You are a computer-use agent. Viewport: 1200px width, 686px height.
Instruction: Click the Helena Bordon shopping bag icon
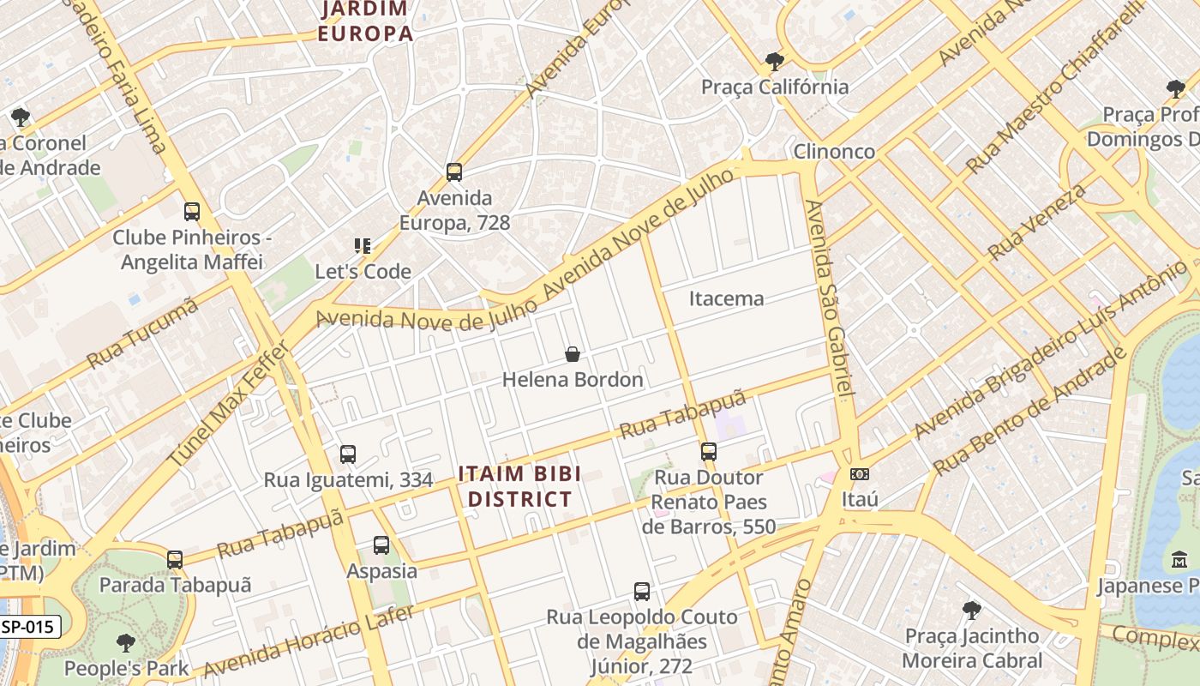tap(573, 354)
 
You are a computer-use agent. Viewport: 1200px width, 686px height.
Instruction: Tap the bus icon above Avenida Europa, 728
tap(454, 172)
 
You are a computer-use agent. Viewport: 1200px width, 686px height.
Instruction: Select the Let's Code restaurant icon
tap(363, 246)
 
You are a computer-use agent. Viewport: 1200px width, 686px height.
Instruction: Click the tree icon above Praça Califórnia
tap(775, 61)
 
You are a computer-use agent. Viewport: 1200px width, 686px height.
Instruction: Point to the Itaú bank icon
tap(859, 474)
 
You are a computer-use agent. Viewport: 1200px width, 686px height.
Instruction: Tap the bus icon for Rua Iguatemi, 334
tap(348, 454)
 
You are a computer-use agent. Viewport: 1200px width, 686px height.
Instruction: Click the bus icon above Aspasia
tap(381, 545)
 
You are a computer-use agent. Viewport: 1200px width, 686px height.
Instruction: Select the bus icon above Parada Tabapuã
tap(175, 560)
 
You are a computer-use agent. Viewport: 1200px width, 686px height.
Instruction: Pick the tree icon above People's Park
tap(126, 642)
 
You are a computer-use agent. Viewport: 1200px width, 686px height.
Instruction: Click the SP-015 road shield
tap(27, 627)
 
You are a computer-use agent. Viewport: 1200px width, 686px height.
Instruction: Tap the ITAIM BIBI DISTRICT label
tap(519, 486)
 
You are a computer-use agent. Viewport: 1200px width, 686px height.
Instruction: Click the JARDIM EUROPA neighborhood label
tap(365, 21)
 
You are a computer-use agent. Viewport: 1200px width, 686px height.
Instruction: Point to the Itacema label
tap(726, 298)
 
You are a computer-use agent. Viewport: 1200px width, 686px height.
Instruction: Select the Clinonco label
tap(834, 152)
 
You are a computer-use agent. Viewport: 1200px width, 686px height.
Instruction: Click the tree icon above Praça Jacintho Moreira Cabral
tap(972, 611)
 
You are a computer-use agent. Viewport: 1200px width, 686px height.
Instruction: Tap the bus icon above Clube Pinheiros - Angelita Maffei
tap(192, 212)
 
